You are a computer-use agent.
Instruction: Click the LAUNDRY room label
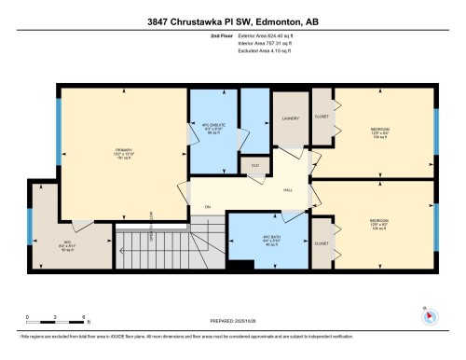(x=290, y=120)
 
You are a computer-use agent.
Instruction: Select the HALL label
(x=288, y=190)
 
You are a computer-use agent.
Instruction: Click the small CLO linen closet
(x=255, y=165)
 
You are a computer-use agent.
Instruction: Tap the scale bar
(x=57, y=323)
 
